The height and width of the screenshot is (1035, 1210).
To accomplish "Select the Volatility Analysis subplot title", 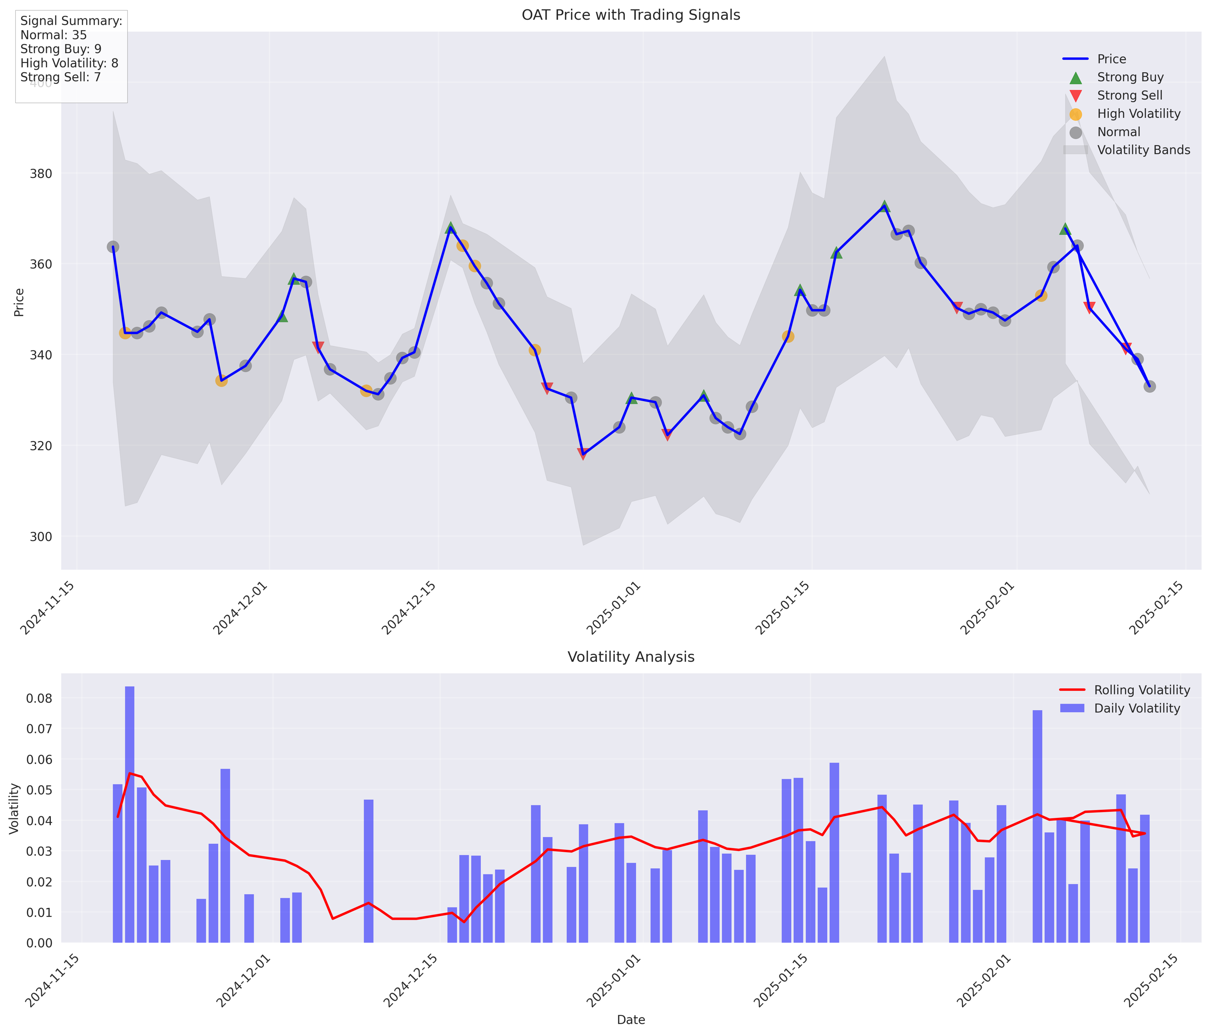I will click(631, 657).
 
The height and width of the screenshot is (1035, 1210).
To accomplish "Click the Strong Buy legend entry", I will click(1130, 77).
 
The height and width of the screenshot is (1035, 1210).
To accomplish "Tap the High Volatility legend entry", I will click(1138, 114).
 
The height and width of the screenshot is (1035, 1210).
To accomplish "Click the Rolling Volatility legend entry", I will click(1142, 690).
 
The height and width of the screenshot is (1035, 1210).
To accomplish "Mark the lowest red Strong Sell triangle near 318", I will click(583, 454).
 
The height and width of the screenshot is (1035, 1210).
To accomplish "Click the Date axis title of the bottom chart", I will click(631, 1020).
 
